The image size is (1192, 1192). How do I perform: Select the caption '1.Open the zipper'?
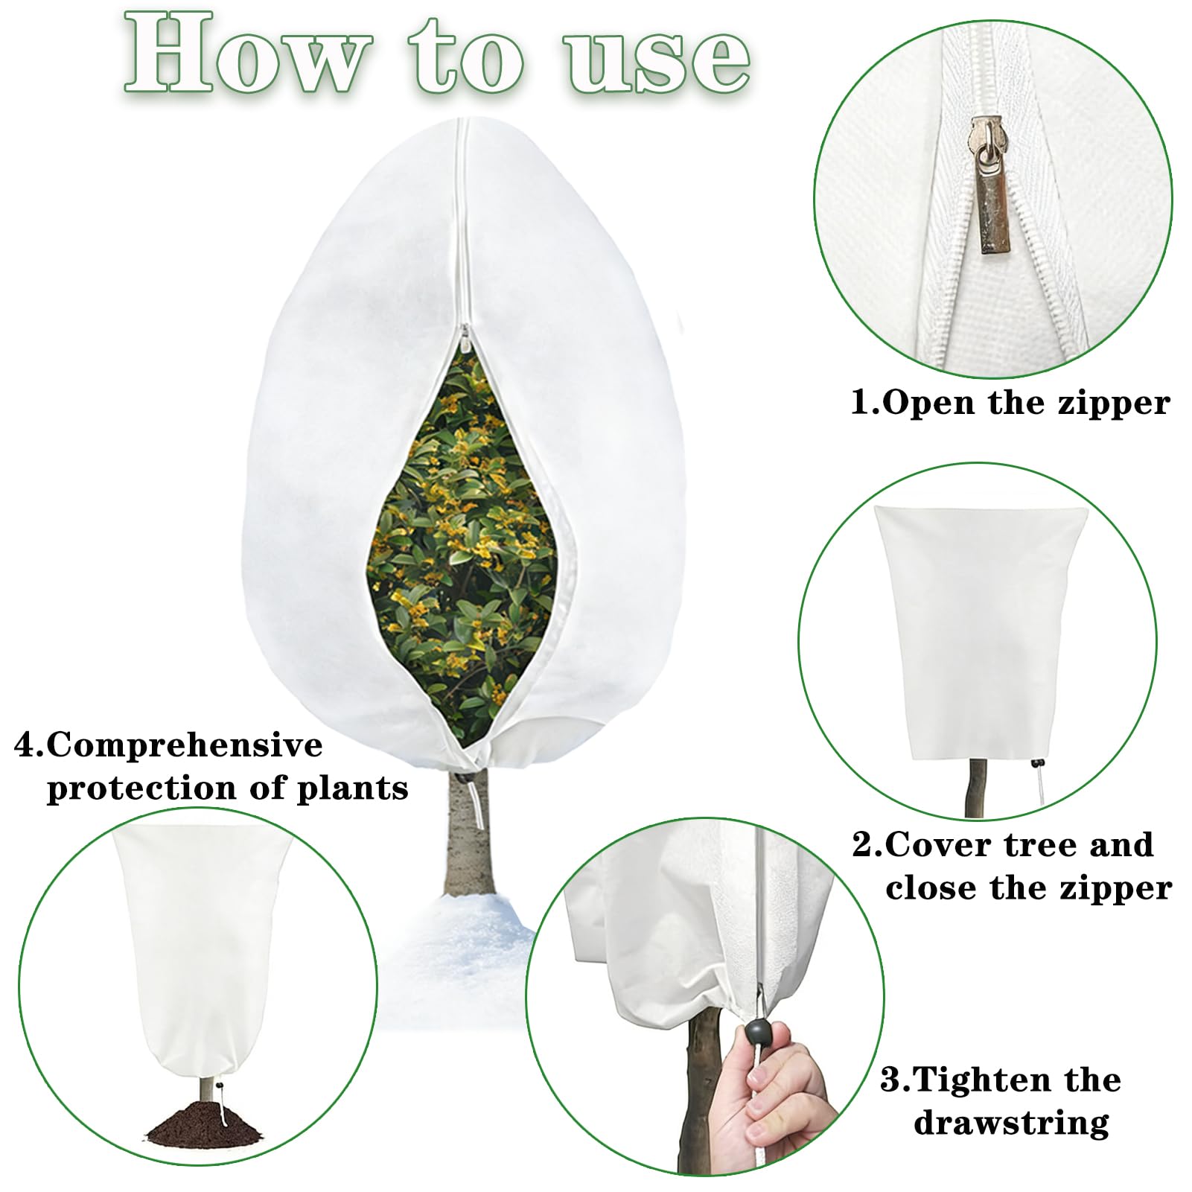tap(1010, 404)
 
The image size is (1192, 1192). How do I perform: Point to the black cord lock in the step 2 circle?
tap(1036, 763)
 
